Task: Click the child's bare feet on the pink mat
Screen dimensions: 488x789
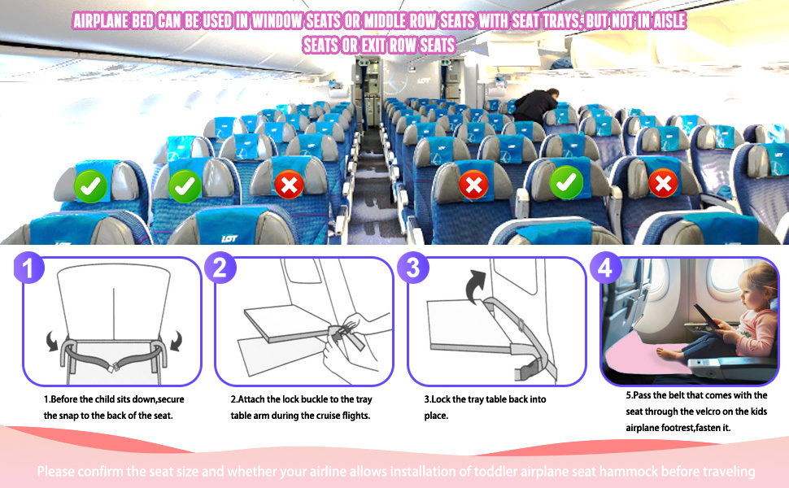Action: [665, 350]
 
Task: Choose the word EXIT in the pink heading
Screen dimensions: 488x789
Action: [356, 46]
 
